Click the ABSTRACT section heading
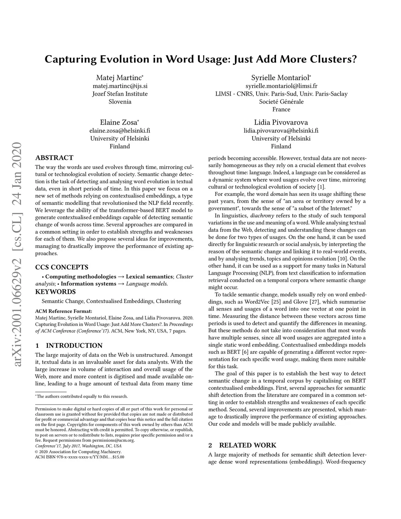click(54, 158)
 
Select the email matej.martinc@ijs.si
click(120, 86)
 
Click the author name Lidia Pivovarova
click(281, 122)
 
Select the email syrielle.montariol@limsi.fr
click(281, 86)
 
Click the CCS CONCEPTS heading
click(61, 268)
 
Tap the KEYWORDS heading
click(55, 292)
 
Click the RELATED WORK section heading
click(247, 445)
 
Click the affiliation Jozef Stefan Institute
click(120, 94)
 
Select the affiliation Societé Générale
click(281, 101)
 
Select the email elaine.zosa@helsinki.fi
click(120, 130)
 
